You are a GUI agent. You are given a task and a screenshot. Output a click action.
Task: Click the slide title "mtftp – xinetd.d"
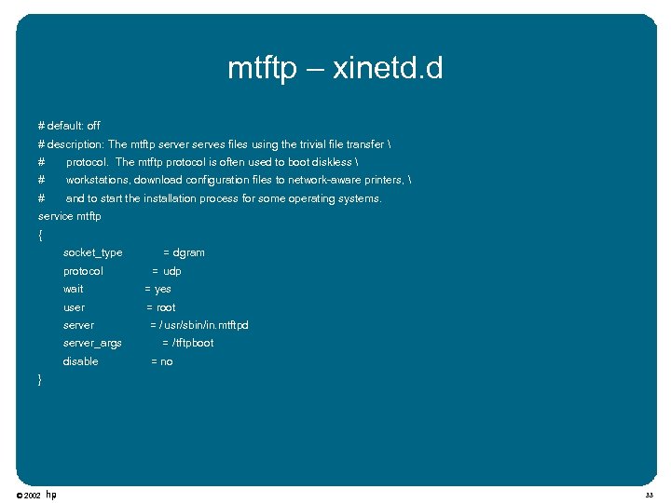pyautogui.click(x=335, y=68)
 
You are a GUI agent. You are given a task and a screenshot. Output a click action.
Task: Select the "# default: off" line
pyautogui.click(x=69, y=126)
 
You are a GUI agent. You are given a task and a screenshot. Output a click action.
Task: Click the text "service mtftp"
pyautogui.click(x=69, y=216)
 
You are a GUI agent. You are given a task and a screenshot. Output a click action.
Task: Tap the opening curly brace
pyautogui.click(x=40, y=235)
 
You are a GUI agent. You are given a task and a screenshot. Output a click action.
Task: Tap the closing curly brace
pyautogui.click(x=39, y=379)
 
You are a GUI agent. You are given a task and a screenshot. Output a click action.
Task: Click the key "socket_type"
pyautogui.click(x=92, y=252)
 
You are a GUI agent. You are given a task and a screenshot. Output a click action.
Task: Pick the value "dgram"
pyautogui.click(x=189, y=252)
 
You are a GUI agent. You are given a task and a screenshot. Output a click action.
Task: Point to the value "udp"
pyautogui.click(x=172, y=271)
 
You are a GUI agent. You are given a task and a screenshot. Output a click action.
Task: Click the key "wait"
pyautogui.click(x=73, y=289)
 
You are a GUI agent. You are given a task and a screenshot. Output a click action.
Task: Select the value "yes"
pyautogui.click(x=163, y=289)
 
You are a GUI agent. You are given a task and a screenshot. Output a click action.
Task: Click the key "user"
pyautogui.click(x=74, y=307)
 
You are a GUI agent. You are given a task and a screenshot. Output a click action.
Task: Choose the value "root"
pyautogui.click(x=166, y=307)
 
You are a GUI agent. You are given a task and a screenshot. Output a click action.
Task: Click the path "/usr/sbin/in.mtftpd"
pyautogui.click(x=204, y=325)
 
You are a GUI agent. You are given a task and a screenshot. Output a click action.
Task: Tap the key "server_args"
pyautogui.click(x=92, y=343)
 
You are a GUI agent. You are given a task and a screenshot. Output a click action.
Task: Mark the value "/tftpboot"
pyautogui.click(x=193, y=343)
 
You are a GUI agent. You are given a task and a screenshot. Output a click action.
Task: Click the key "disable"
pyautogui.click(x=80, y=361)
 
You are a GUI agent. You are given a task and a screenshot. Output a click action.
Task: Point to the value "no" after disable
pyautogui.click(x=167, y=361)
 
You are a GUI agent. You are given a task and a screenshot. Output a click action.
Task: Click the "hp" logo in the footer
pyautogui.click(x=51, y=495)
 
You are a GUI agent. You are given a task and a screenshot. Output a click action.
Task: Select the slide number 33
pyautogui.click(x=649, y=496)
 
